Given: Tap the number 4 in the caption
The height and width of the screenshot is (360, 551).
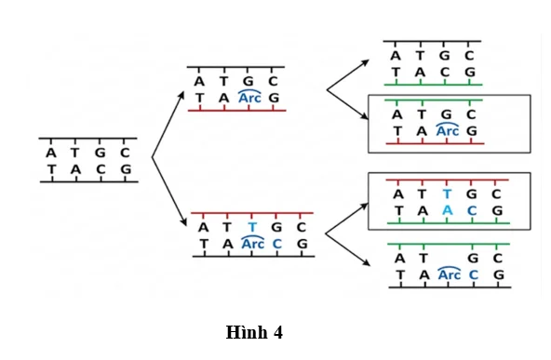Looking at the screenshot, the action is coord(277,332).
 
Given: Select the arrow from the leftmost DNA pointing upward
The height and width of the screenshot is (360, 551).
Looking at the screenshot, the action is coord(168,124).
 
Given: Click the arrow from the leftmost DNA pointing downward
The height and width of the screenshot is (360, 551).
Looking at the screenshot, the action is coord(169,192).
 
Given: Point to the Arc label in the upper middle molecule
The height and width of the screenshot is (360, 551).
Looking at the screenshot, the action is coord(249,97).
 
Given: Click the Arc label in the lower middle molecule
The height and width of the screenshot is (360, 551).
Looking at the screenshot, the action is coord(252,243).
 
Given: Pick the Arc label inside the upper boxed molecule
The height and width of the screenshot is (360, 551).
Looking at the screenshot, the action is coord(448,130).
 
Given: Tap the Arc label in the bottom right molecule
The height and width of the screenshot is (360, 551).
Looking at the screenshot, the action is coord(450,273).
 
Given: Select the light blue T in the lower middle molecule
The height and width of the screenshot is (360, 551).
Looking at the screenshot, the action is coord(252,227).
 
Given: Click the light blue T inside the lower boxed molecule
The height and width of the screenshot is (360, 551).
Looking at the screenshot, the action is coord(447,193).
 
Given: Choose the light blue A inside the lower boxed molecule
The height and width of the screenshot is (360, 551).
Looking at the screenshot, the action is coord(447,210).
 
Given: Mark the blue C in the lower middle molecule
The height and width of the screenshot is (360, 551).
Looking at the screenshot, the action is coord(277,244).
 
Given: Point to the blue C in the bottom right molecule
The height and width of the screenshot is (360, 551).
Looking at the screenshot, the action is coord(474,274).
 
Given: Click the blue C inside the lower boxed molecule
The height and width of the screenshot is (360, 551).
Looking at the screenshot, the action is coord(472,210).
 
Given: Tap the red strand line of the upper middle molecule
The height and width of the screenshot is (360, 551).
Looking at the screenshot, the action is coord(237,111).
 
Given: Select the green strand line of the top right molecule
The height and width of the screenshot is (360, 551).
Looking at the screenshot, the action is coord(434,85).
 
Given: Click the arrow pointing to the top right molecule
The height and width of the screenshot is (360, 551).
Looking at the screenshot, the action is coord(348,75).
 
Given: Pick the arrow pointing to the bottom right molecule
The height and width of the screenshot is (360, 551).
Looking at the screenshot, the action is coord(348,249).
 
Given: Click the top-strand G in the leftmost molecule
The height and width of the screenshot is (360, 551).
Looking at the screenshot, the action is coord(101,153).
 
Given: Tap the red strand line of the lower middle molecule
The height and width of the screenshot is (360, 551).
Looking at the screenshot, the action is coord(252,213).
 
